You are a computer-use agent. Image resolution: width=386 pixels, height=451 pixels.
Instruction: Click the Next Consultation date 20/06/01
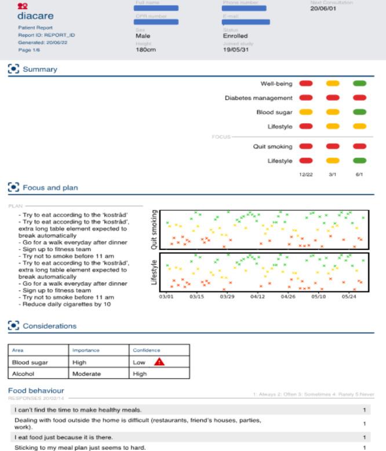click(x=323, y=9)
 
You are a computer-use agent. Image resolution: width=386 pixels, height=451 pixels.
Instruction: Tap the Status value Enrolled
click(x=235, y=36)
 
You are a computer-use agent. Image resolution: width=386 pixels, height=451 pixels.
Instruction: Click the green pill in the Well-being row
click(x=359, y=84)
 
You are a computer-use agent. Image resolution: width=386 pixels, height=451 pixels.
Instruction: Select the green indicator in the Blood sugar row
click(x=359, y=112)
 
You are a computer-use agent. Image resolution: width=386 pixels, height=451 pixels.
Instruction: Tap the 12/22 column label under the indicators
click(x=305, y=174)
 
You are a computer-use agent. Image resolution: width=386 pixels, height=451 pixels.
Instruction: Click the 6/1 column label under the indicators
click(x=359, y=174)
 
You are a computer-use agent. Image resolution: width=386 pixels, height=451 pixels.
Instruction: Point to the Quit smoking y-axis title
click(x=154, y=230)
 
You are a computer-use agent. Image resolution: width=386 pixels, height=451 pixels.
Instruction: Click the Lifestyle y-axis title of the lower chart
click(x=154, y=271)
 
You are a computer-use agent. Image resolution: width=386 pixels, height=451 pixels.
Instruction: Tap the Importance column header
click(x=86, y=350)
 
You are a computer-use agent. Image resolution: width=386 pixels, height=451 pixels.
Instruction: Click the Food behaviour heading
click(x=36, y=391)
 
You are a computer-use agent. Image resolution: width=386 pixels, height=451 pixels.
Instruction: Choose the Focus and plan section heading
click(x=50, y=188)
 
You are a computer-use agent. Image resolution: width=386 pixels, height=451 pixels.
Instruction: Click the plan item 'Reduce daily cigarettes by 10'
click(x=66, y=304)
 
